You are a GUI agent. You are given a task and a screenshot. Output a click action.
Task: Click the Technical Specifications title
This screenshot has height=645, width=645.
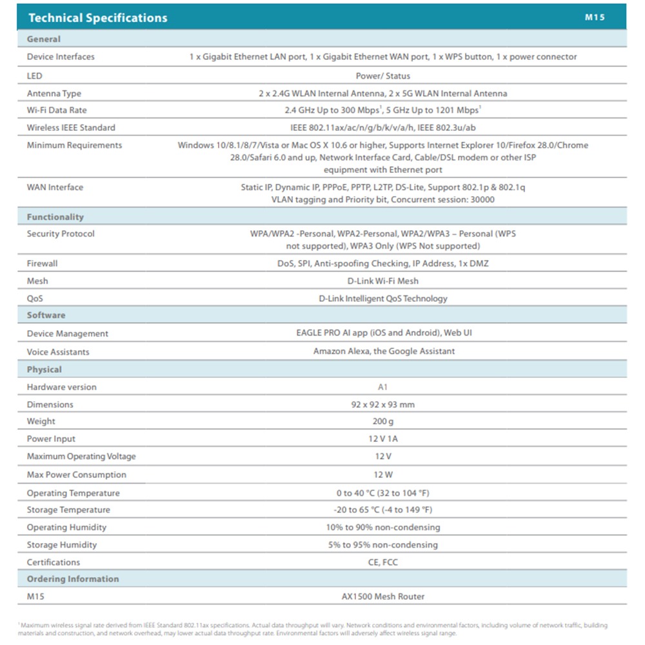coord(97,18)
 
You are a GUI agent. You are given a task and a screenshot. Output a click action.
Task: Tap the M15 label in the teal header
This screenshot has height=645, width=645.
coord(595,17)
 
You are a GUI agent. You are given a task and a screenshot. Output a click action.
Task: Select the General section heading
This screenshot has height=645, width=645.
coord(44,39)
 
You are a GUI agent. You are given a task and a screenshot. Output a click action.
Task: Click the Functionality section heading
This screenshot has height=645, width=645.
coord(55,217)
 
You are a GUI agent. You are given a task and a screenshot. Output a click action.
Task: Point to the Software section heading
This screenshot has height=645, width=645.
coord(46,315)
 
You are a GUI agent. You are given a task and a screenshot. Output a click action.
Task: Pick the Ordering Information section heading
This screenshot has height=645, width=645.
coord(73,579)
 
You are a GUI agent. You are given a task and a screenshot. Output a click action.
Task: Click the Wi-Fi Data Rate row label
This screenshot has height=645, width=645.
coord(57,110)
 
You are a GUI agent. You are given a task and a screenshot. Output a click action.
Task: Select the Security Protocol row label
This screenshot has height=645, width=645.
coord(61,233)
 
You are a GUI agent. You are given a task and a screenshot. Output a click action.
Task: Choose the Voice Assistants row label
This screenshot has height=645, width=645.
coord(58,352)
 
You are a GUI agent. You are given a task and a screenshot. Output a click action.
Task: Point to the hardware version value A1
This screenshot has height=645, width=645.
coord(383,387)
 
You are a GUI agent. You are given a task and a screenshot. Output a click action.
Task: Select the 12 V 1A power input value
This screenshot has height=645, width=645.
coord(383,439)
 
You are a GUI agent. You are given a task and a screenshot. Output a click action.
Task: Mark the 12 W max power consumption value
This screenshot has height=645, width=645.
coord(383,475)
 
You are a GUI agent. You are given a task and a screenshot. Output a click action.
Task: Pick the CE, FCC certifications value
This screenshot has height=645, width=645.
coord(383,562)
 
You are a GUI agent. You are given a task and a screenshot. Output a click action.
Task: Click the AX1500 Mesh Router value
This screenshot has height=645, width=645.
coord(383,597)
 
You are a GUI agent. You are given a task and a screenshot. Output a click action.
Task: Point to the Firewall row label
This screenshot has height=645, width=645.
coord(42,263)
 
